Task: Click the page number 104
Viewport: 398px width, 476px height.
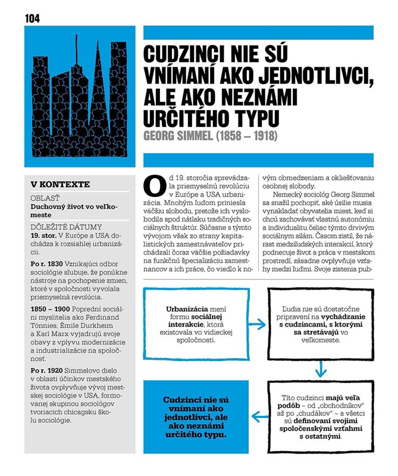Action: pos(32,18)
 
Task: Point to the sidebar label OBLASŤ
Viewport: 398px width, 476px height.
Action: pos(48,198)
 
